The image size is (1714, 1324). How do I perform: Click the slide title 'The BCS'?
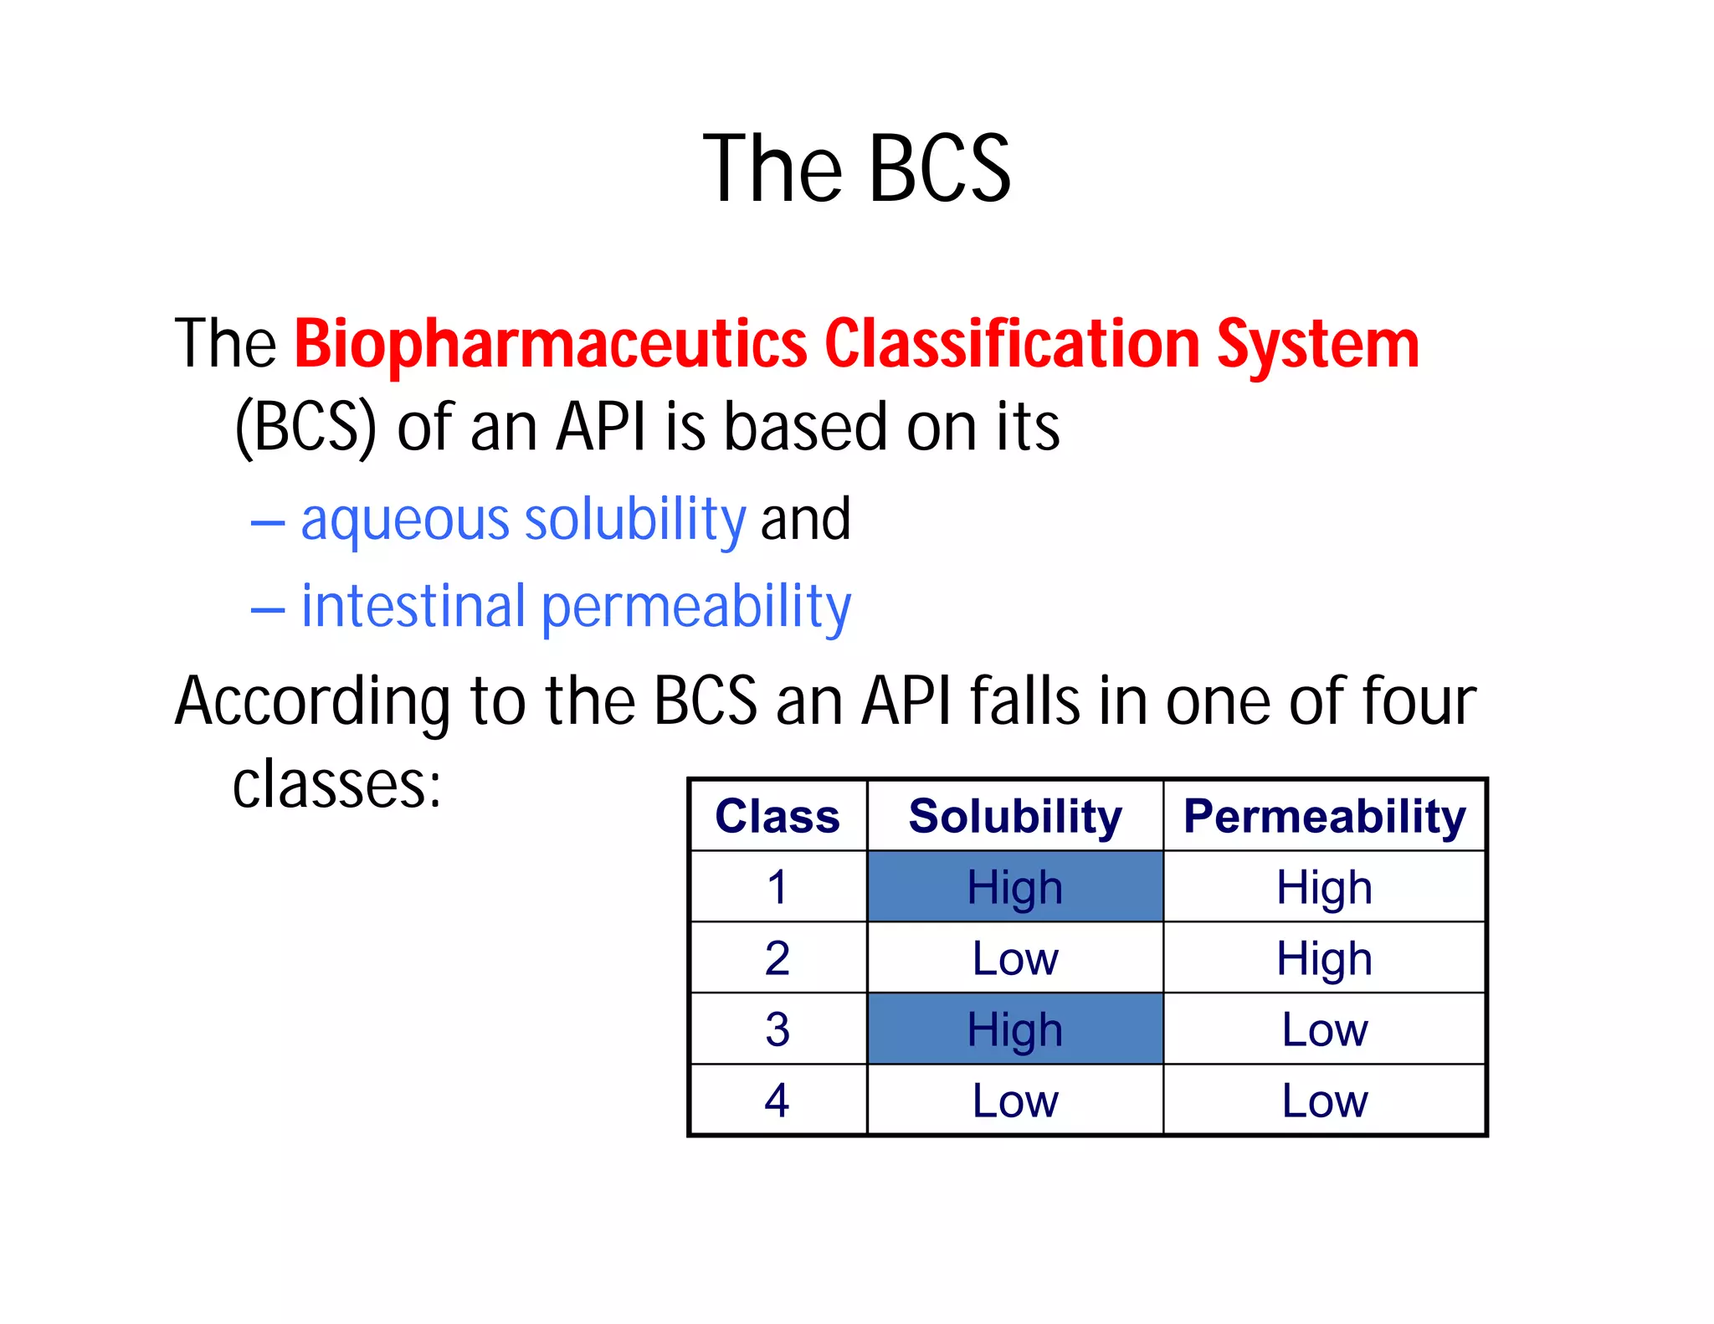pos(857,169)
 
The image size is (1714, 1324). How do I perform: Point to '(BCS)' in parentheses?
pos(305,427)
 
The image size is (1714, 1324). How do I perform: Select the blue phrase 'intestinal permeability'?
pos(576,607)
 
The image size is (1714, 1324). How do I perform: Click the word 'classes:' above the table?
pos(336,785)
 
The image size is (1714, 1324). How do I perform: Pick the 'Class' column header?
pos(777,816)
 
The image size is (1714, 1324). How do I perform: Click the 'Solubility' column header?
pos(1015,816)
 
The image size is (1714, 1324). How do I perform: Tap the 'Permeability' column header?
pos(1324,816)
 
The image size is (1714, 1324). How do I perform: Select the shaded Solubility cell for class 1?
pos(1015,887)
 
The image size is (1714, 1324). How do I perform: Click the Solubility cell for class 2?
pos(1015,958)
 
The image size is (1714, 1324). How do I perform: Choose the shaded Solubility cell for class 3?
pos(1015,1029)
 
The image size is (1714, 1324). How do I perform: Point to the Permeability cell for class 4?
pos(1324,1101)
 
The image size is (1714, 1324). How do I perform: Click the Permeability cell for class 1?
pos(1324,887)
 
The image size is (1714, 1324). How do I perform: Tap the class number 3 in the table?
pos(777,1029)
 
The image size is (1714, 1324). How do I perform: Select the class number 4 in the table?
pos(777,1101)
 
